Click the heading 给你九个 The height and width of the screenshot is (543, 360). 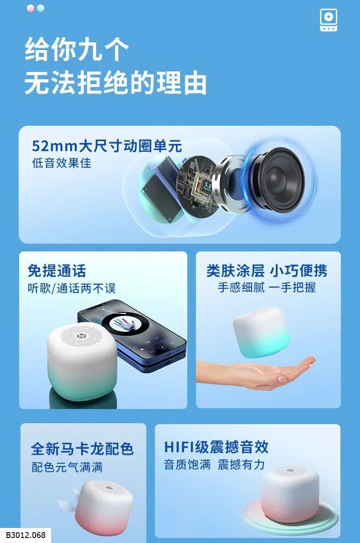(77, 49)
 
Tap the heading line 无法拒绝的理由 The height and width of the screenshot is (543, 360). (115, 83)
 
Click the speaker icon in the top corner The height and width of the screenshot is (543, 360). (328, 20)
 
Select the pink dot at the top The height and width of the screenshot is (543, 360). (31, 8)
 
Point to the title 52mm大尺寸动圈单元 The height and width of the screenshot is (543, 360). (107, 146)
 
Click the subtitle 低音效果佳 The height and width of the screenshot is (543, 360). (62, 163)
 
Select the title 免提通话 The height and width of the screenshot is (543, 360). (57, 271)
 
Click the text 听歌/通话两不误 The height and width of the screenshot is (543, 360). (72, 288)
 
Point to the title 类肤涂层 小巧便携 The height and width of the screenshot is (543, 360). (267, 271)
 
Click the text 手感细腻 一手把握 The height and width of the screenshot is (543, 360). (267, 287)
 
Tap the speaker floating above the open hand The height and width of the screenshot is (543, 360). (261, 332)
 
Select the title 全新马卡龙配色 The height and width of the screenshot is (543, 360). (82, 449)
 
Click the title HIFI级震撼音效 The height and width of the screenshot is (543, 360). (216, 447)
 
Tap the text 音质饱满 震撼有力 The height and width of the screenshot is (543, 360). (215, 464)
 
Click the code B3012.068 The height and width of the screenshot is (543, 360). (26, 535)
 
